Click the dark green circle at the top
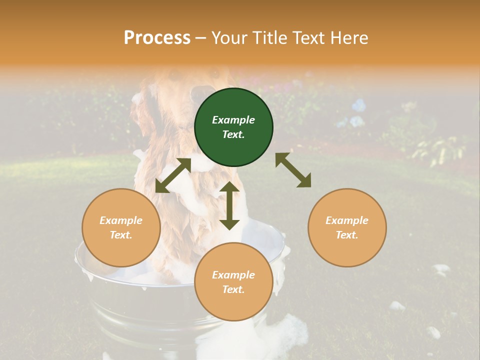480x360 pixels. click(x=233, y=127)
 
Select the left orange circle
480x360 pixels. click(x=121, y=227)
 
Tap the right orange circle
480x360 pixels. click(x=347, y=227)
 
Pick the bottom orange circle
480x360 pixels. click(x=233, y=281)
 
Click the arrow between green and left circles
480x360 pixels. click(x=173, y=175)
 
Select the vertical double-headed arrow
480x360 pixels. click(x=229, y=205)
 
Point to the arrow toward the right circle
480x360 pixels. click(x=293, y=170)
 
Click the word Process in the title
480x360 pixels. click(x=157, y=37)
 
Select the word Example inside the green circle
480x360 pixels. click(x=233, y=120)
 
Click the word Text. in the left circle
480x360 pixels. click(x=121, y=235)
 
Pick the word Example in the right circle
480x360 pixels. click(x=347, y=220)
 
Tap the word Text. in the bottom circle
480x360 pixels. click(x=233, y=289)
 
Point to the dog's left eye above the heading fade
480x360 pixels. click(x=174, y=75)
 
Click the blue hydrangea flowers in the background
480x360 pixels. click(x=357, y=106)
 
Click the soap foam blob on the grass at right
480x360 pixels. click(x=441, y=270)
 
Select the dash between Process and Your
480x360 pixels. click(x=201, y=38)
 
